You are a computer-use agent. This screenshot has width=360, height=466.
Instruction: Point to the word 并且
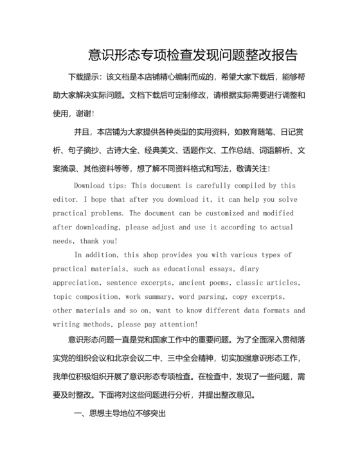pyautogui.click(x=83, y=132)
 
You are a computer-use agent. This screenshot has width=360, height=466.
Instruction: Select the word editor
pyautogui.click(x=64, y=199)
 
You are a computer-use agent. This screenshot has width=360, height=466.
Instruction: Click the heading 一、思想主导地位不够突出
pyautogui.click(x=120, y=415)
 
